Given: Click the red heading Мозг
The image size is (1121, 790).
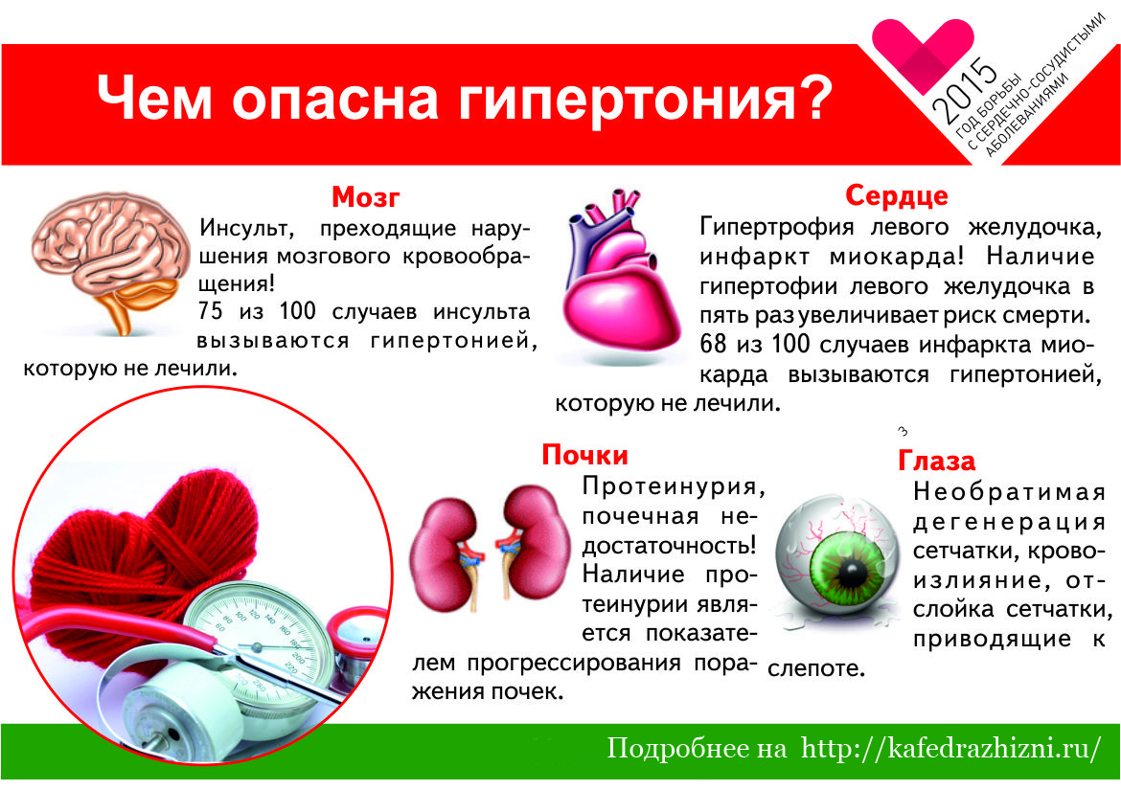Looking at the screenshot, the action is [x=365, y=197].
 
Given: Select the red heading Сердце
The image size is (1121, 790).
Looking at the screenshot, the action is [x=897, y=195].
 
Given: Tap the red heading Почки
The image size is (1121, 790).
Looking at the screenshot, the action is [x=584, y=455].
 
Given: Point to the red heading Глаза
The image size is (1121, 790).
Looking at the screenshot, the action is [x=936, y=461].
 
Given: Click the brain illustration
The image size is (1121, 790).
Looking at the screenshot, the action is [x=105, y=260].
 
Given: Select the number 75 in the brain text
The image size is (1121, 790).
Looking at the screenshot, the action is [x=210, y=312].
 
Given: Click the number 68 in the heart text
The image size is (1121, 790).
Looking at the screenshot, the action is [x=714, y=345].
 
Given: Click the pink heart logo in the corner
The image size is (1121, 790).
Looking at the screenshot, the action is [x=922, y=50].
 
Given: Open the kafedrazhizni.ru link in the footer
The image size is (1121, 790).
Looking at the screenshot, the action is [x=951, y=749].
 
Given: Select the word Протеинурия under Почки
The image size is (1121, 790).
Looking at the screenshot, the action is [x=674, y=486].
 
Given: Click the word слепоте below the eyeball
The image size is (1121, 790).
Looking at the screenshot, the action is [x=815, y=668].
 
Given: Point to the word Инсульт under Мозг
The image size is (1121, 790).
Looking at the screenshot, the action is [x=246, y=229].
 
